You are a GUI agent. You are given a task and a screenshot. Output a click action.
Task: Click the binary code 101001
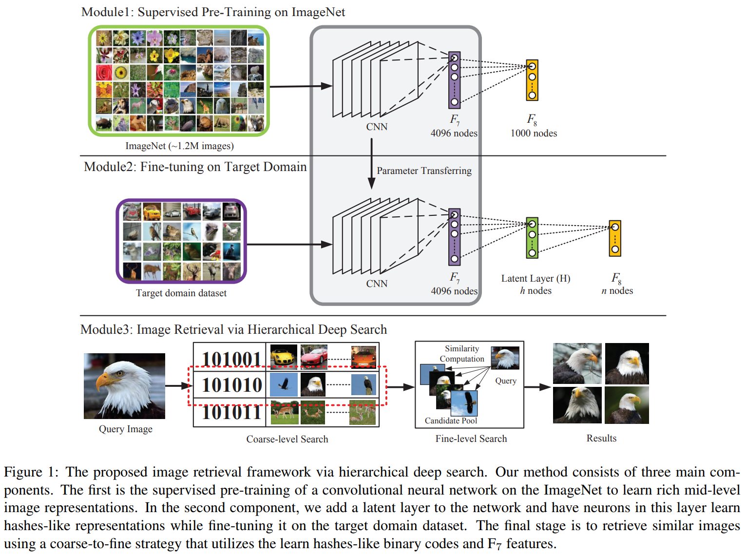pos(231,359)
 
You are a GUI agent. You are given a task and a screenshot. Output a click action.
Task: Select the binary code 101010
pos(231,385)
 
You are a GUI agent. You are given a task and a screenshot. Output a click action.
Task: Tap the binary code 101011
pos(231,412)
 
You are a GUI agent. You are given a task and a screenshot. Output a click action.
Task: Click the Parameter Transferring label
pos(424,171)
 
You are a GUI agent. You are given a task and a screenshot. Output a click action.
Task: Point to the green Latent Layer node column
pos(532,238)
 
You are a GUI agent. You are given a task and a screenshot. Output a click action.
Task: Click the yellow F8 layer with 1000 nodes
pos(532,80)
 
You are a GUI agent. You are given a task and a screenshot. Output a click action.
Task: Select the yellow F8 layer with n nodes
pos(615,238)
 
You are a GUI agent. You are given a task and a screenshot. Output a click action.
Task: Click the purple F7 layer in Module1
pos(454,80)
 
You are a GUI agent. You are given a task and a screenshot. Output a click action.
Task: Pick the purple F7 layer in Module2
pos(454,237)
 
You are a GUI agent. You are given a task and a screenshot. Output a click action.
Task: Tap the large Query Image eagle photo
pos(124,386)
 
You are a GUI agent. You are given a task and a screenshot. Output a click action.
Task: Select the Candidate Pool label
pos(451,420)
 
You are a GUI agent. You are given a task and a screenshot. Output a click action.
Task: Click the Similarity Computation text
pos(462,354)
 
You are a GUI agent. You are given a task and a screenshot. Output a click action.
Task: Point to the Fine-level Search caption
pos(471,439)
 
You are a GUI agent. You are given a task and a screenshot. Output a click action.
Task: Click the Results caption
pos(601,438)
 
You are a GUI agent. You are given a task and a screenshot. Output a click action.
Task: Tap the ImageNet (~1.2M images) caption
pos(179,146)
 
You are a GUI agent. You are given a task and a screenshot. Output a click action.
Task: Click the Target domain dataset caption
pos(181,293)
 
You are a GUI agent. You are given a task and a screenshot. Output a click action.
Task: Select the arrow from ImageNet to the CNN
pos(300,86)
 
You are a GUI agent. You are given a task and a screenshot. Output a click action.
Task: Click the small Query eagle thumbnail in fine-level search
pos(505,358)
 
